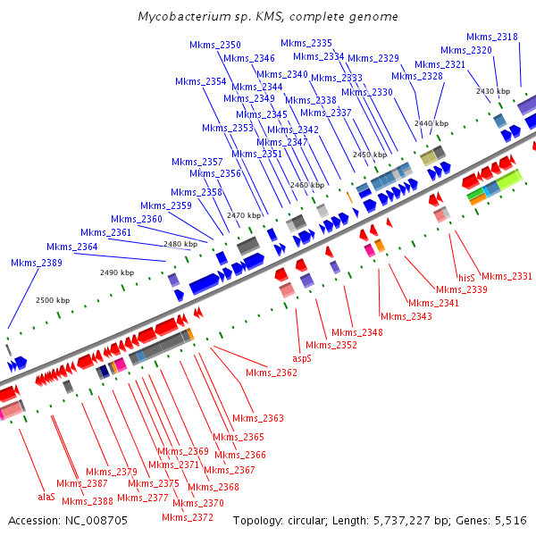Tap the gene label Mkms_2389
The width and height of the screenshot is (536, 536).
[37, 263]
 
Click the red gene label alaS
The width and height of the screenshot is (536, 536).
[46, 496]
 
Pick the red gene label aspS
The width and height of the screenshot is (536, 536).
[303, 357]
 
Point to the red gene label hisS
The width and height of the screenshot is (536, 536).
[466, 277]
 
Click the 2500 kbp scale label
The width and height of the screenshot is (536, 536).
[52, 301]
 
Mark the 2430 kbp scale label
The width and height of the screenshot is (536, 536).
[492, 91]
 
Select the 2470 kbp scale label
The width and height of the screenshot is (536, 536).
[244, 215]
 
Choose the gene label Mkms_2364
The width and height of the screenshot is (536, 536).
[72, 247]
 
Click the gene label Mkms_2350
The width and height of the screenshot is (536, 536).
[215, 45]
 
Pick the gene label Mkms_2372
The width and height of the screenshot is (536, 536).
[188, 517]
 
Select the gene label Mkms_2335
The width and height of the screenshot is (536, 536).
[306, 43]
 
